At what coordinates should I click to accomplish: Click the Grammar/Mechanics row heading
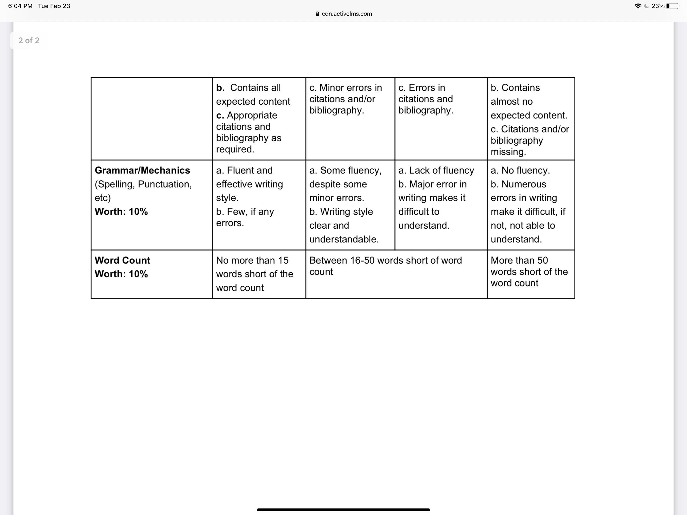142,170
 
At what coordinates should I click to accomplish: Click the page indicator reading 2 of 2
29,41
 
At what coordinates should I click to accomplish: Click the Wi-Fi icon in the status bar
638,6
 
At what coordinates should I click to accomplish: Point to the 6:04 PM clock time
20,6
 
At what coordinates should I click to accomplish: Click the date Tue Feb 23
54,6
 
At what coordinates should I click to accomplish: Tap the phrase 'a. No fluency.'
520,170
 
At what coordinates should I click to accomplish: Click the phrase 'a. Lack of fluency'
436,170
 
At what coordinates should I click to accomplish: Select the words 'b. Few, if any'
245,211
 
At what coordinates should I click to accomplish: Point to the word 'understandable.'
344,239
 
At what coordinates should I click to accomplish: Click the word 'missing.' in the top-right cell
508,152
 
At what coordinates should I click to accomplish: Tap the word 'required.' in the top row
235,149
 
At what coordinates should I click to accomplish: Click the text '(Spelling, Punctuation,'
143,184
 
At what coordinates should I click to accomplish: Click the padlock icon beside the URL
317,14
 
